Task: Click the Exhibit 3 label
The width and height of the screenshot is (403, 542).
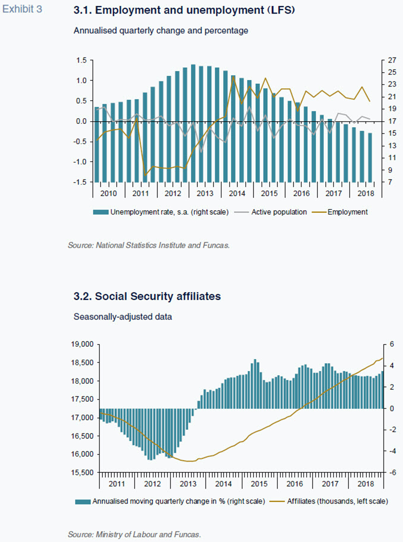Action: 22,9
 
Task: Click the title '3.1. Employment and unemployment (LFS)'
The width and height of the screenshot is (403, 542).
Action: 184,10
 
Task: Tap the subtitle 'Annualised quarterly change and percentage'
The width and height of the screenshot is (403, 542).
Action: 161,31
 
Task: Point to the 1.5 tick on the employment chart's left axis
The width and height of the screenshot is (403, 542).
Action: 82,60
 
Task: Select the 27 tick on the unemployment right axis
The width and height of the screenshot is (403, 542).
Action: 392,60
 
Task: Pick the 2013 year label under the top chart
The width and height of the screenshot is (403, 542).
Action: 205,194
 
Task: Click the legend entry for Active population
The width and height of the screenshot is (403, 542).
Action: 270,212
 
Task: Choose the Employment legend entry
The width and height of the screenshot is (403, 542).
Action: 340,212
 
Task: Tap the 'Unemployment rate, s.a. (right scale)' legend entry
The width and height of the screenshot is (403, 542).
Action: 161,212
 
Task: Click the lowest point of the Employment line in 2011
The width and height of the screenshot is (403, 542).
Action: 145,175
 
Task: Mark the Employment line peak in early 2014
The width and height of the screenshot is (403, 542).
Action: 233,77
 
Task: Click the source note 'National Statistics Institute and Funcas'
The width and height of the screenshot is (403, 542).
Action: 149,245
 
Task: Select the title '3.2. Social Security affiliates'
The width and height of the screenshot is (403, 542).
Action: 147,296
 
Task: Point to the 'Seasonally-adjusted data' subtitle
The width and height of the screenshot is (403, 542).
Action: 123,317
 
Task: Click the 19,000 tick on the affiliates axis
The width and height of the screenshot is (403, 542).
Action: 82,344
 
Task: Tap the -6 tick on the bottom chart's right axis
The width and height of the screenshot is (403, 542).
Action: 391,472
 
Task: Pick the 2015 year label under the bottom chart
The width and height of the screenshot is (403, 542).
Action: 259,484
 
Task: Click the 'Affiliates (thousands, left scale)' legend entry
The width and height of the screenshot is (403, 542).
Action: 329,502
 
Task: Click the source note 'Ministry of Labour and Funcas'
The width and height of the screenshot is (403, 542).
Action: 134,535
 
